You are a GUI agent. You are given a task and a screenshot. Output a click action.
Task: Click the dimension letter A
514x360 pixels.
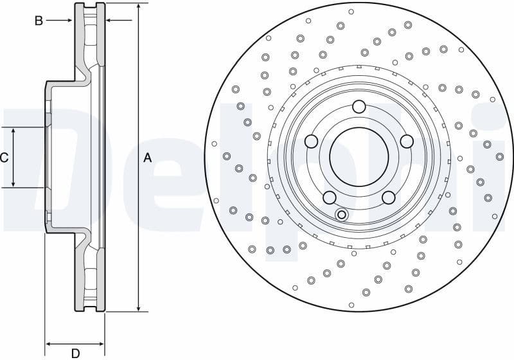click(x=147, y=157)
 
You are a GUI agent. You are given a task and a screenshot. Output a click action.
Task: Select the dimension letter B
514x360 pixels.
click(x=39, y=21)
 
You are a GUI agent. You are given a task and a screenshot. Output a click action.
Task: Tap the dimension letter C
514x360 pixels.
click(x=4, y=157)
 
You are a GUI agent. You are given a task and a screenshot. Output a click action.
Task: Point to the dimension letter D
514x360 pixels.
click(x=75, y=353)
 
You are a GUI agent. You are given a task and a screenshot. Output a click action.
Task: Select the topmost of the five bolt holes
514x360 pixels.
click(x=359, y=107)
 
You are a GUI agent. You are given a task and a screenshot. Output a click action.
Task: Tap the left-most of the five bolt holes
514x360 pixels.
click(x=311, y=141)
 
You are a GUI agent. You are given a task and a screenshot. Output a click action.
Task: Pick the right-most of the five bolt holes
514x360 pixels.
click(x=406, y=141)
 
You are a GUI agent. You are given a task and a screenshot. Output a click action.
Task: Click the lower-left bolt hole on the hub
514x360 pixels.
click(x=329, y=197)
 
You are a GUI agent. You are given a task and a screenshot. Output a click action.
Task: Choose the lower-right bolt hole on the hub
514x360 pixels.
click(x=388, y=197)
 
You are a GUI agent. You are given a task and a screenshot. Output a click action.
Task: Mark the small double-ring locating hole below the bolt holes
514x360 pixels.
click(x=342, y=214)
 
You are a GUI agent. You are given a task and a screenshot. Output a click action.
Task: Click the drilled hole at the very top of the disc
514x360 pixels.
click(x=351, y=12)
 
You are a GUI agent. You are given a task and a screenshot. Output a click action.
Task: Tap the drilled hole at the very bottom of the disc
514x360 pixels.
click(x=351, y=305)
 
